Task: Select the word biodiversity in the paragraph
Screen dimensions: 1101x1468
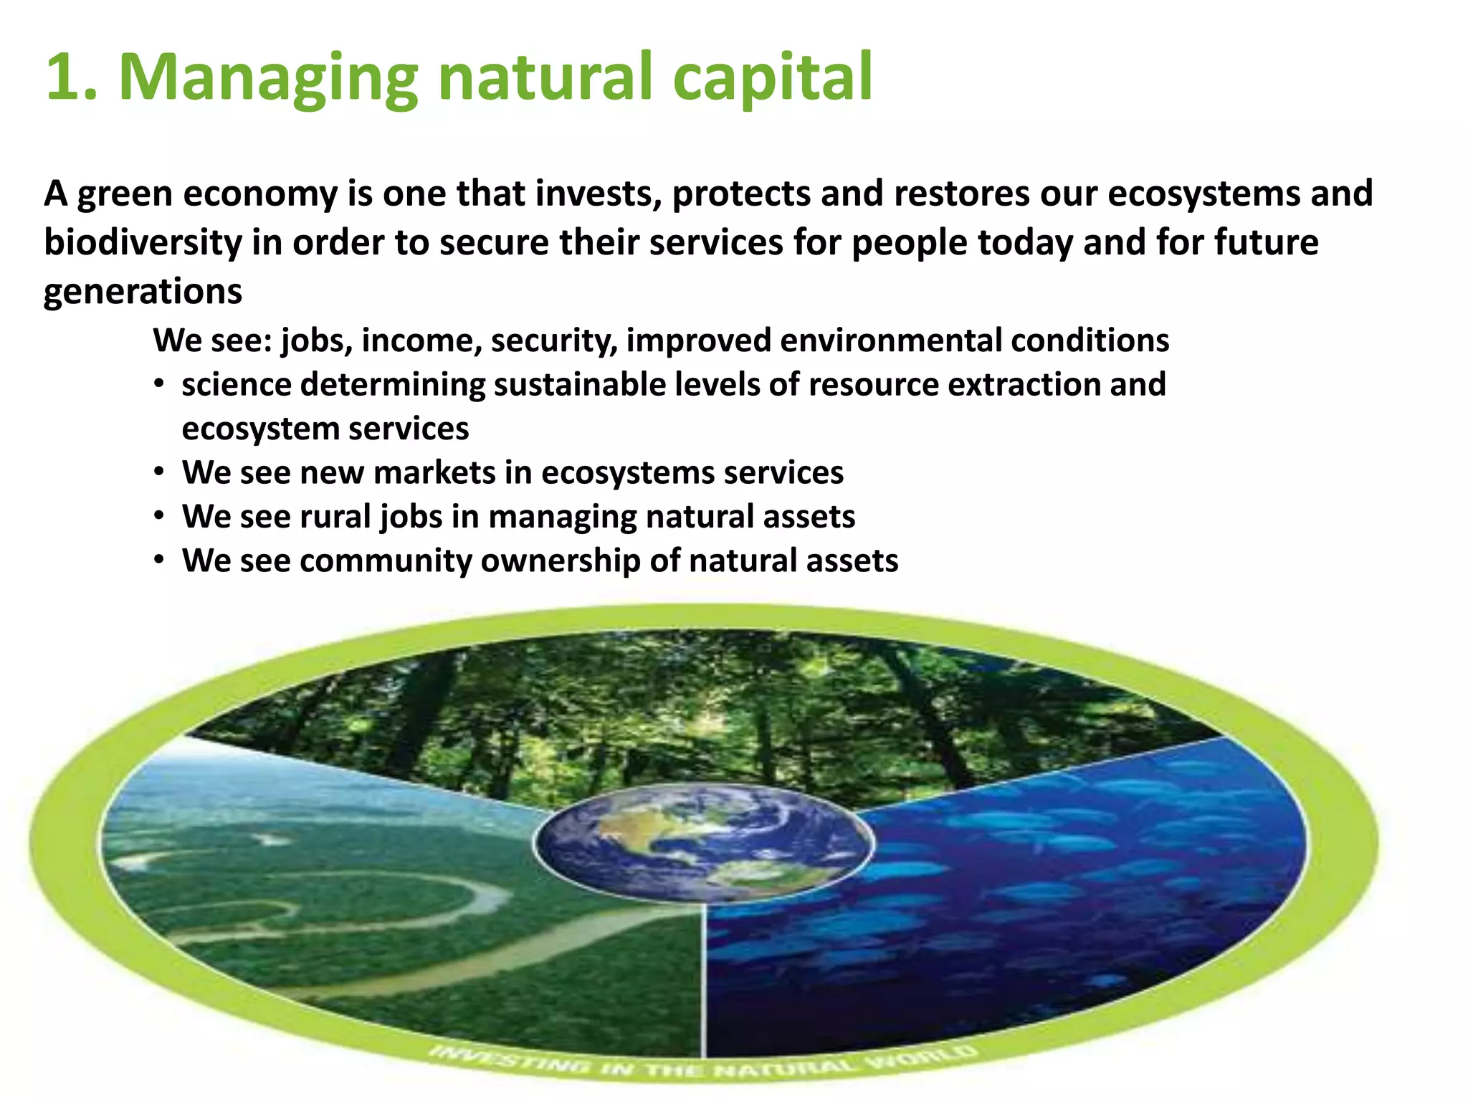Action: (x=143, y=243)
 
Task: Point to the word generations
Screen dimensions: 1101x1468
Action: (x=143, y=292)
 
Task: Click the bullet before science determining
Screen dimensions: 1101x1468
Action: (x=159, y=384)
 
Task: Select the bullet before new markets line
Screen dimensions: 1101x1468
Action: (x=159, y=473)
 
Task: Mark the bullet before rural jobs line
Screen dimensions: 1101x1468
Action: (x=159, y=517)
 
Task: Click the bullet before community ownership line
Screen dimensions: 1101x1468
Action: (x=159, y=561)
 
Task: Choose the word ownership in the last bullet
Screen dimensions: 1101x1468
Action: (x=560, y=561)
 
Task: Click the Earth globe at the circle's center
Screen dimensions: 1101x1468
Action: (x=703, y=842)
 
